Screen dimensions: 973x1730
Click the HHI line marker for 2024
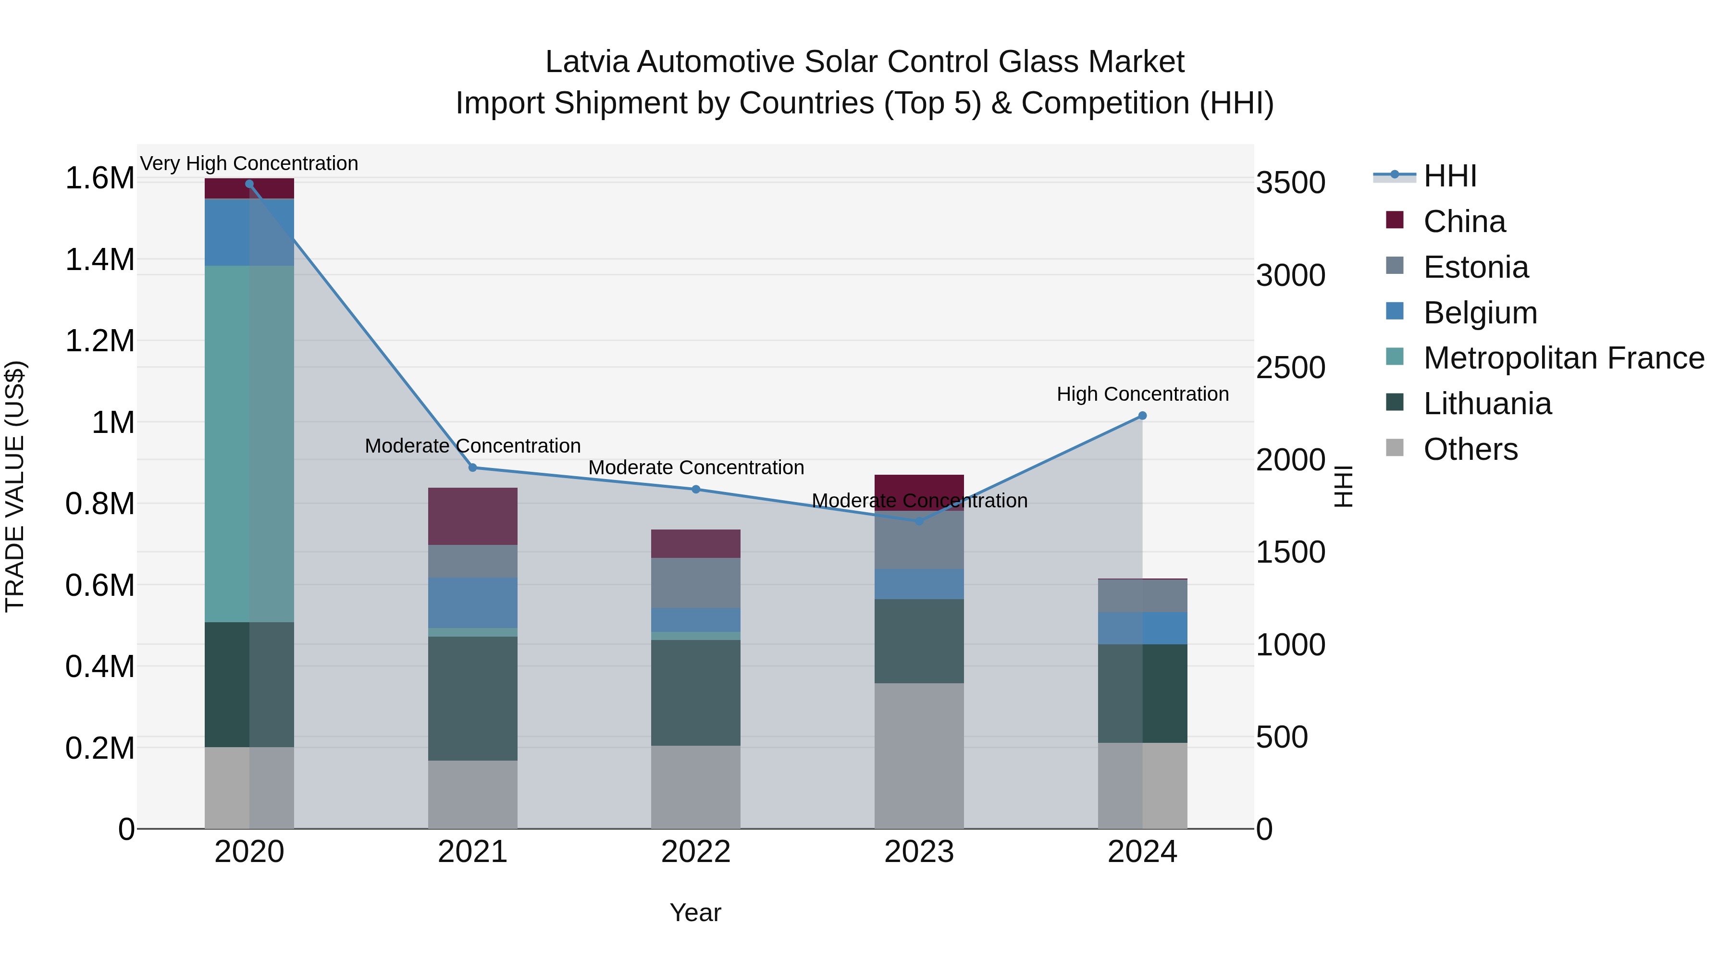click(x=1142, y=416)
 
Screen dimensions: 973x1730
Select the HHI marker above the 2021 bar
click(x=473, y=468)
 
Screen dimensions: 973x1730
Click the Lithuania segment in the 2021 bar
click(x=473, y=698)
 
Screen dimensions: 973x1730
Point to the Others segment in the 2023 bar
click(x=919, y=755)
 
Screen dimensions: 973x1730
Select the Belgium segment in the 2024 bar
click(x=1142, y=628)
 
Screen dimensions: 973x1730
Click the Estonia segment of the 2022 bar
click(x=696, y=582)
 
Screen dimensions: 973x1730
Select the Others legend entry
click(x=1470, y=449)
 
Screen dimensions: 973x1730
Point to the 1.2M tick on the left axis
click(x=99, y=341)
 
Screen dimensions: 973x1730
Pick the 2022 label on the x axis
click(x=696, y=852)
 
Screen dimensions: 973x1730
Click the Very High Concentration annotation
click(x=249, y=163)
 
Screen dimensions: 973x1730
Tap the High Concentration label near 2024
click(x=1142, y=394)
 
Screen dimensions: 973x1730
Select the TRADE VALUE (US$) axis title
click(x=15, y=486)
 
